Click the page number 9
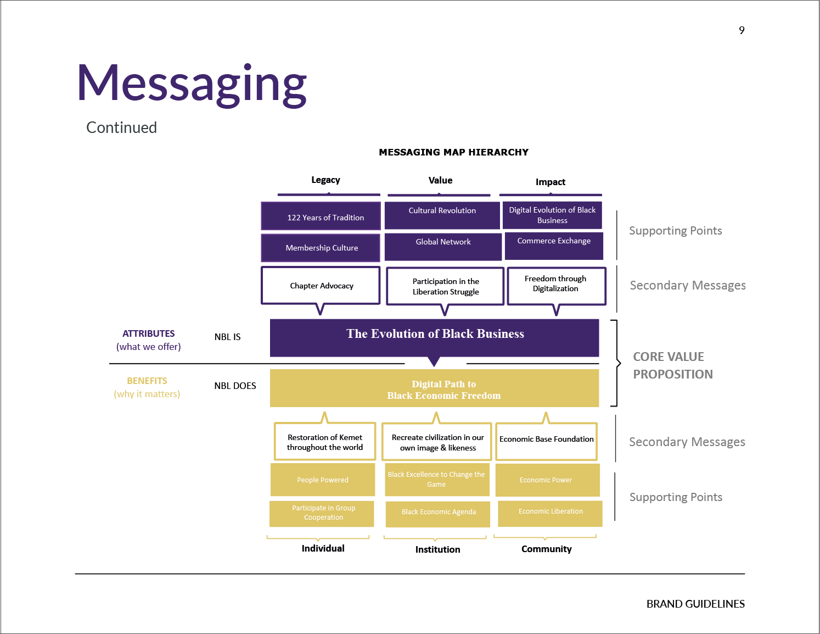(742, 31)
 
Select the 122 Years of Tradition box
(321, 216)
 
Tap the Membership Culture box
(321, 248)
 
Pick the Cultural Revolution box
(442, 215)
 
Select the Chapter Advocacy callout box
(321, 285)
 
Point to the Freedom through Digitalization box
(556, 285)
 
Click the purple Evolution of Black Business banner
(434, 337)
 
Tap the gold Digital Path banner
(434, 388)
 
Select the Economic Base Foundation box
(546, 441)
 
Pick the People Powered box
(323, 480)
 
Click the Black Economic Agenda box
(438, 512)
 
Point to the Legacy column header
(325, 180)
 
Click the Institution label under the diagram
(437, 549)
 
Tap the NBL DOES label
(235, 386)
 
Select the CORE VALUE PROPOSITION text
(672, 365)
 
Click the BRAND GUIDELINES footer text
(695, 604)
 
